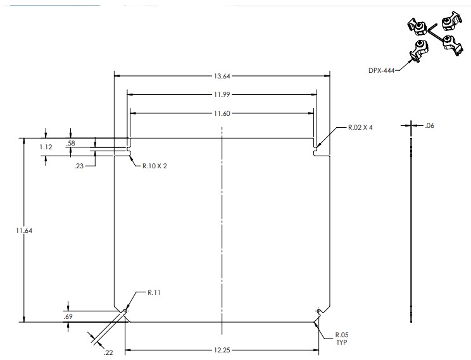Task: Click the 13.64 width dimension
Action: tap(222, 77)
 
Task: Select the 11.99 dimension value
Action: tap(222, 95)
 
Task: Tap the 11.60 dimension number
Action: tap(222, 113)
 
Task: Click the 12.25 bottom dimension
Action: tap(222, 350)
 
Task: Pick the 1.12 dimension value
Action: tap(28, 147)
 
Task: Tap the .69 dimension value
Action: tap(68, 315)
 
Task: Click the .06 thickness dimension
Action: tap(430, 126)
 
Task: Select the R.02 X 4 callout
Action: tap(360, 127)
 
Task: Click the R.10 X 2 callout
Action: tap(154, 165)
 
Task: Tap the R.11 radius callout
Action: tap(154, 292)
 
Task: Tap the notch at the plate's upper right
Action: tap(317, 149)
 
